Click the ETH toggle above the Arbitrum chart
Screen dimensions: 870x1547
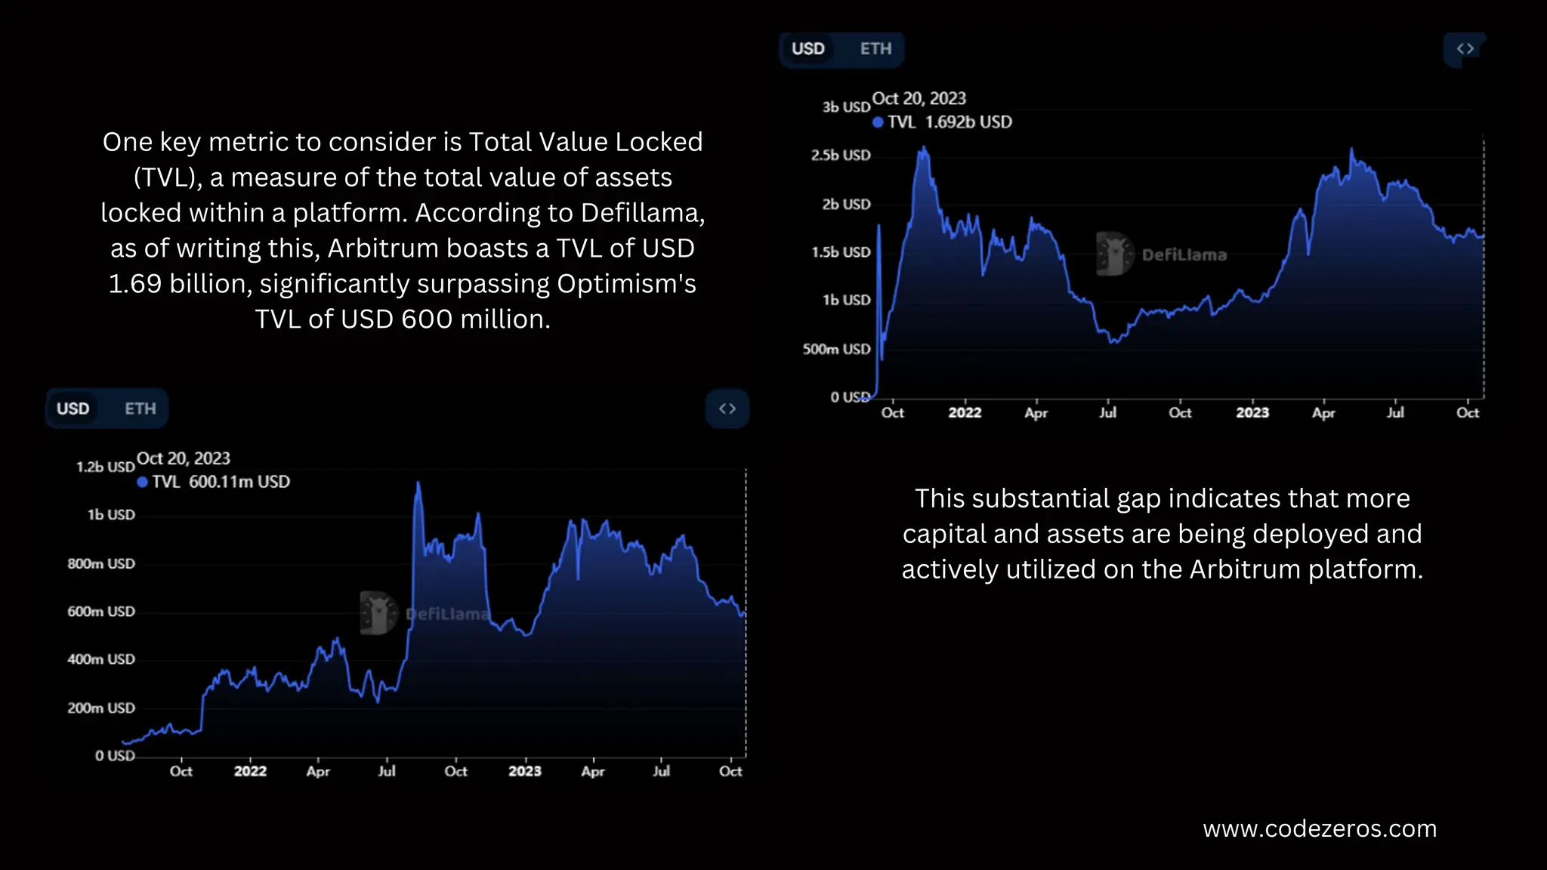point(875,49)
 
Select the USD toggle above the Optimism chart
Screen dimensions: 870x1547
point(73,409)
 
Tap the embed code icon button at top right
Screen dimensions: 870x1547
point(1465,49)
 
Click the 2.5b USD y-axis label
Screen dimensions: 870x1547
point(841,156)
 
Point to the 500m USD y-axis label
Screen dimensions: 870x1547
point(836,350)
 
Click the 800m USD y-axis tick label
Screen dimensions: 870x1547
point(101,564)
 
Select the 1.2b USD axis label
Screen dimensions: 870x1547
point(106,467)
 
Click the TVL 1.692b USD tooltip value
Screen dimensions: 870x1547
point(950,122)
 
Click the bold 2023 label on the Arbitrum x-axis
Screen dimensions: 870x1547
point(1252,413)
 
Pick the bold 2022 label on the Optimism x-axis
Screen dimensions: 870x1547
point(250,772)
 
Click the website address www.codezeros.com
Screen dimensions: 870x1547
point(1319,829)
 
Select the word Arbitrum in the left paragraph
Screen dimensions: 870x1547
point(382,248)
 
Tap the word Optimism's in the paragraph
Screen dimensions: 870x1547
point(626,284)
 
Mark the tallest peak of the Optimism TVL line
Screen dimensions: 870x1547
point(418,483)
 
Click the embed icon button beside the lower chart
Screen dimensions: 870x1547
point(727,409)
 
